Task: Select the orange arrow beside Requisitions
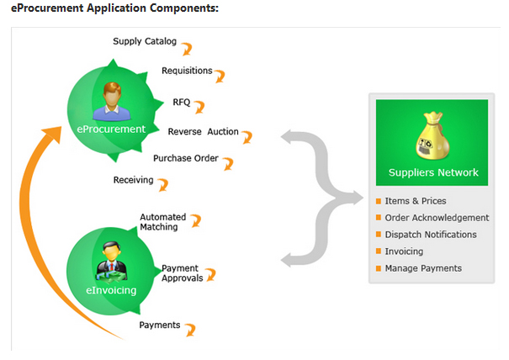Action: (220, 76)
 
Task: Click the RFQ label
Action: (182, 102)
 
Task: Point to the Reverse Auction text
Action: (203, 132)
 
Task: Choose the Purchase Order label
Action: (186, 158)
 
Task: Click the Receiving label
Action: (133, 180)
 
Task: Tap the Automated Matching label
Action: (163, 222)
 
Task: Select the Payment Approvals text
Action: (182, 273)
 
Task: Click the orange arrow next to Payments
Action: (191, 328)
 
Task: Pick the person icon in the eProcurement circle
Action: (110, 101)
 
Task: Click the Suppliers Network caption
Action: (433, 172)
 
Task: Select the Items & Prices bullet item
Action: (416, 201)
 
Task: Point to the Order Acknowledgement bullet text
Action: (437, 218)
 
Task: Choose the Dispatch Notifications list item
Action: (431, 235)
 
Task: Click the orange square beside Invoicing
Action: (379, 251)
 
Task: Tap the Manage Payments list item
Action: (423, 268)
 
